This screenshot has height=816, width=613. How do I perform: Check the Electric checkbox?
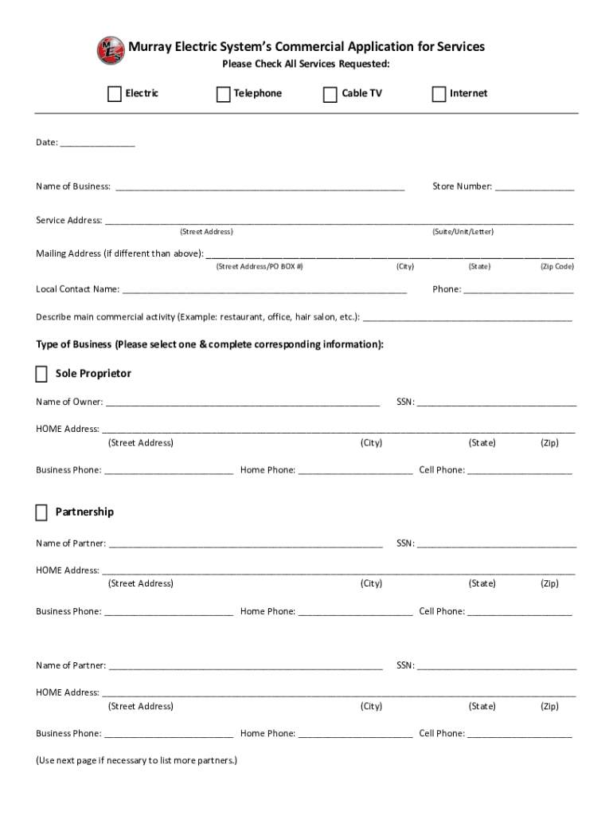pyautogui.click(x=115, y=94)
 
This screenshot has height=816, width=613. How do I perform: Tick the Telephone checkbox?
pyautogui.click(x=223, y=94)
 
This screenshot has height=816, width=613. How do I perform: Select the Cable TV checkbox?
pyautogui.click(x=330, y=94)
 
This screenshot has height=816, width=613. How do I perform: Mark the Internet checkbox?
pyautogui.click(x=439, y=94)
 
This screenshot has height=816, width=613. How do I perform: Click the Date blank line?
pyautogui.click(x=97, y=144)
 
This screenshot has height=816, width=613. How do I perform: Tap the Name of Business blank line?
pyautogui.click(x=260, y=189)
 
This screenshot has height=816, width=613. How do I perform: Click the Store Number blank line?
pyautogui.click(x=535, y=189)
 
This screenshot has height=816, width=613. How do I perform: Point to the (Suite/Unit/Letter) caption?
pyautogui.click(x=463, y=232)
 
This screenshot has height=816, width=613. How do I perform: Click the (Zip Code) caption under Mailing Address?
pyautogui.click(x=556, y=267)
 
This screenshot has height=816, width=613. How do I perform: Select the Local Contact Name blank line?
pyautogui.click(x=264, y=292)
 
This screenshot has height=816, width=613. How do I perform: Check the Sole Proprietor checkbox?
pyautogui.click(x=41, y=375)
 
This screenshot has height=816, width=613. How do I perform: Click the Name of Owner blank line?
pyautogui.click(x=243, y=404)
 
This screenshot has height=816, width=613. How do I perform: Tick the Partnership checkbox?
pyautogui.click(x=41, y=512)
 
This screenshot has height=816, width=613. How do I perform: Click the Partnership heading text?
pyautogui.click(x=84, y=512)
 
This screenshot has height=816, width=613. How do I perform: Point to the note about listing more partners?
pyautogui.click(x=136, y=760)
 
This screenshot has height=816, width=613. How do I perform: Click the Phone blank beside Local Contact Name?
pyautogui.click(x=518, y=292)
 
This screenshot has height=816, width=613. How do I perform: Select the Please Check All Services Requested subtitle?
pyautogui.click(x=306, y=65)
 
